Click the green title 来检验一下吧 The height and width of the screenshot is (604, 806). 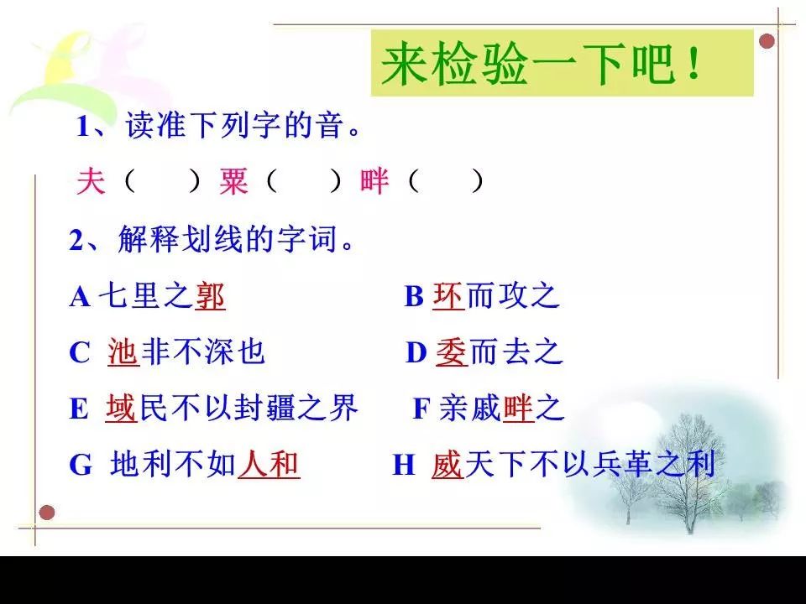[540, 64]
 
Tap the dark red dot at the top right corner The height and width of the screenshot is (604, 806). [767, 41]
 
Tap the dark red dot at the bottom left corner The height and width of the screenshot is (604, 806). [47, 512]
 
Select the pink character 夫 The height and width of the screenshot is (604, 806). [91, 181]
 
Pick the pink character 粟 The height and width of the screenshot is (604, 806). [233, 181]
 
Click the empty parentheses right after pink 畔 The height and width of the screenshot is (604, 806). [446, 181]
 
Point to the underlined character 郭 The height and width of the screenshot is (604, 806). [210, 296]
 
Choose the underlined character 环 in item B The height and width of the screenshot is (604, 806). [448, 296]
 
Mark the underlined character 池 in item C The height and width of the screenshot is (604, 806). [123, 352]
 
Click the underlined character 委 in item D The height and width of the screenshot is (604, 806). [452, 352]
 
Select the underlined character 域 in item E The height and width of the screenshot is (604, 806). [121, 409]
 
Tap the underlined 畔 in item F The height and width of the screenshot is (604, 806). [518, 409]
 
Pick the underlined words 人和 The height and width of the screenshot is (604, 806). [269, 464]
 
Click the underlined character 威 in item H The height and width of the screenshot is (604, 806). [447, 464]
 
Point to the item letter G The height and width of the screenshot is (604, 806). [81, 466]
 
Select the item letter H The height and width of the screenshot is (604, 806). [404, 466]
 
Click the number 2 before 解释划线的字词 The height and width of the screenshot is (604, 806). [76, 241]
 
